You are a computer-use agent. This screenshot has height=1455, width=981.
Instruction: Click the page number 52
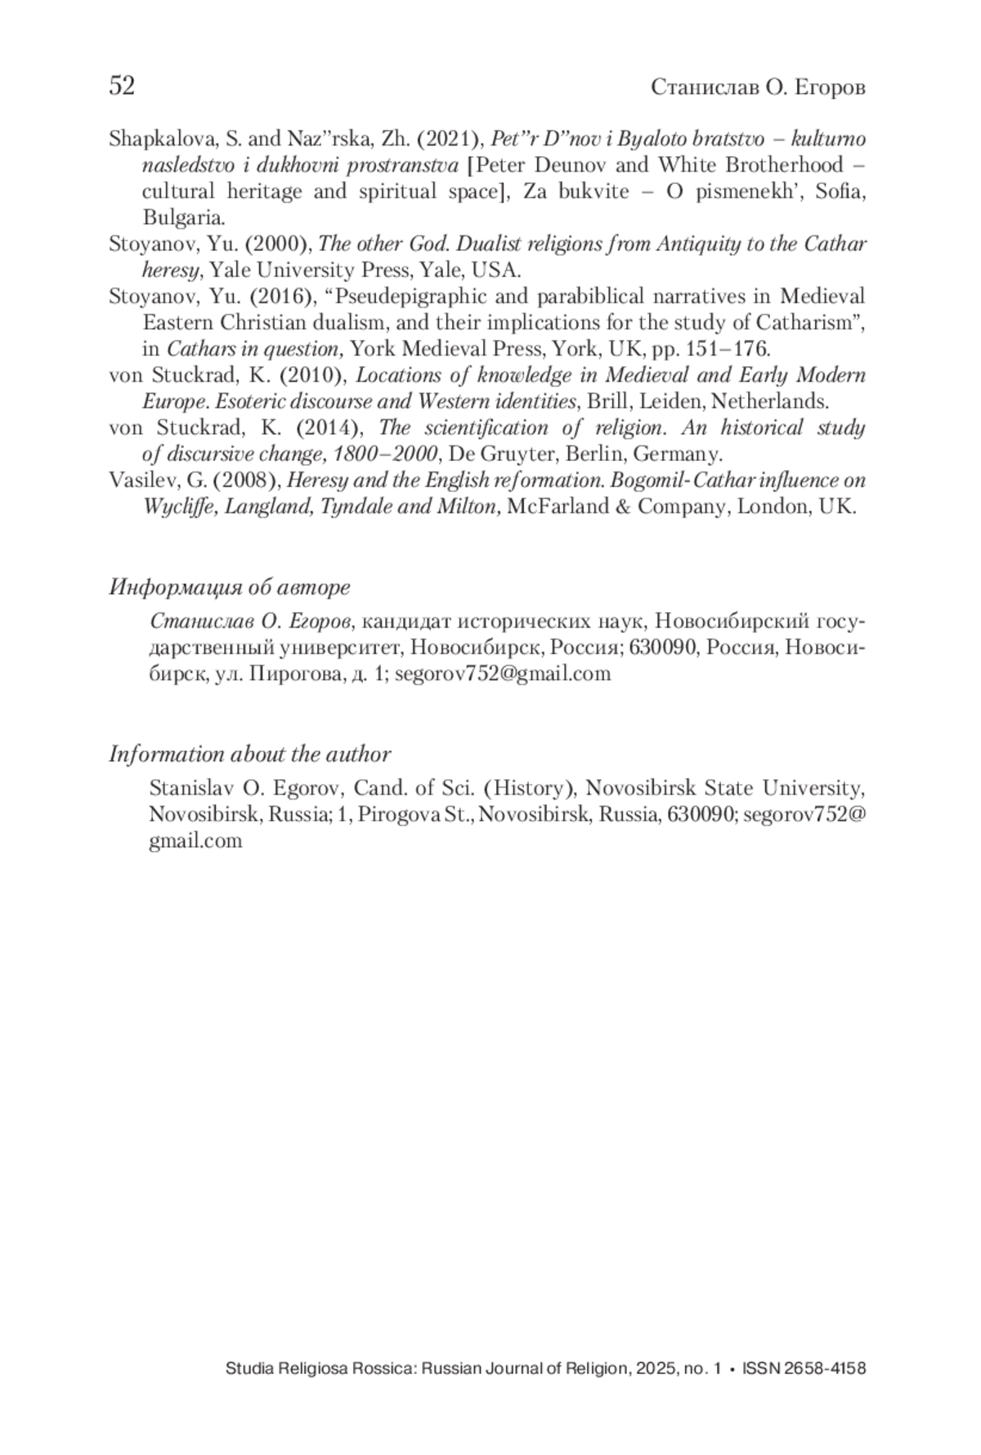tap(122, 85)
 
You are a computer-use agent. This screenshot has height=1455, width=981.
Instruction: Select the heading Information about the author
tap(249, 754)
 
